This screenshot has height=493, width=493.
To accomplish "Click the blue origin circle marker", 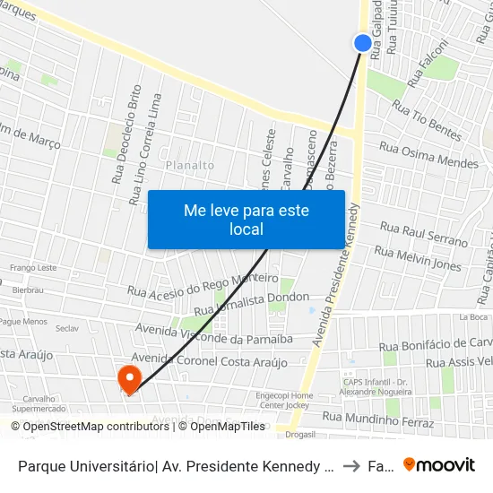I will [x=362, y=42].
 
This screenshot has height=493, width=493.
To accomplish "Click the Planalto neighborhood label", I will [x=190, y=165].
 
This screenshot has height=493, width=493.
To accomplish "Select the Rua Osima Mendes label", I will [x=428, y=155].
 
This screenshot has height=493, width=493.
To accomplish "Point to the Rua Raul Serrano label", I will [x=424, y=234].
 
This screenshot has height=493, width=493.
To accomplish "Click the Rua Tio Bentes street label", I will [x=427, y=124].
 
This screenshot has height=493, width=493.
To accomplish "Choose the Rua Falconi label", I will [x=428, y=64].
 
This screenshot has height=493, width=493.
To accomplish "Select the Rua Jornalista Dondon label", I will [x=251, y=303].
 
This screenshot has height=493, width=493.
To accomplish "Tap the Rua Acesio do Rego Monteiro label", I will [x=203, y=283].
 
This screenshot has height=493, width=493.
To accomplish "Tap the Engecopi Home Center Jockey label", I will [x=284, y=399].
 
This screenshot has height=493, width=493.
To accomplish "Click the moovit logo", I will [x=439, y=464].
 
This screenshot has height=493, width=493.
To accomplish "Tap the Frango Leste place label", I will [x=33, y=268].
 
